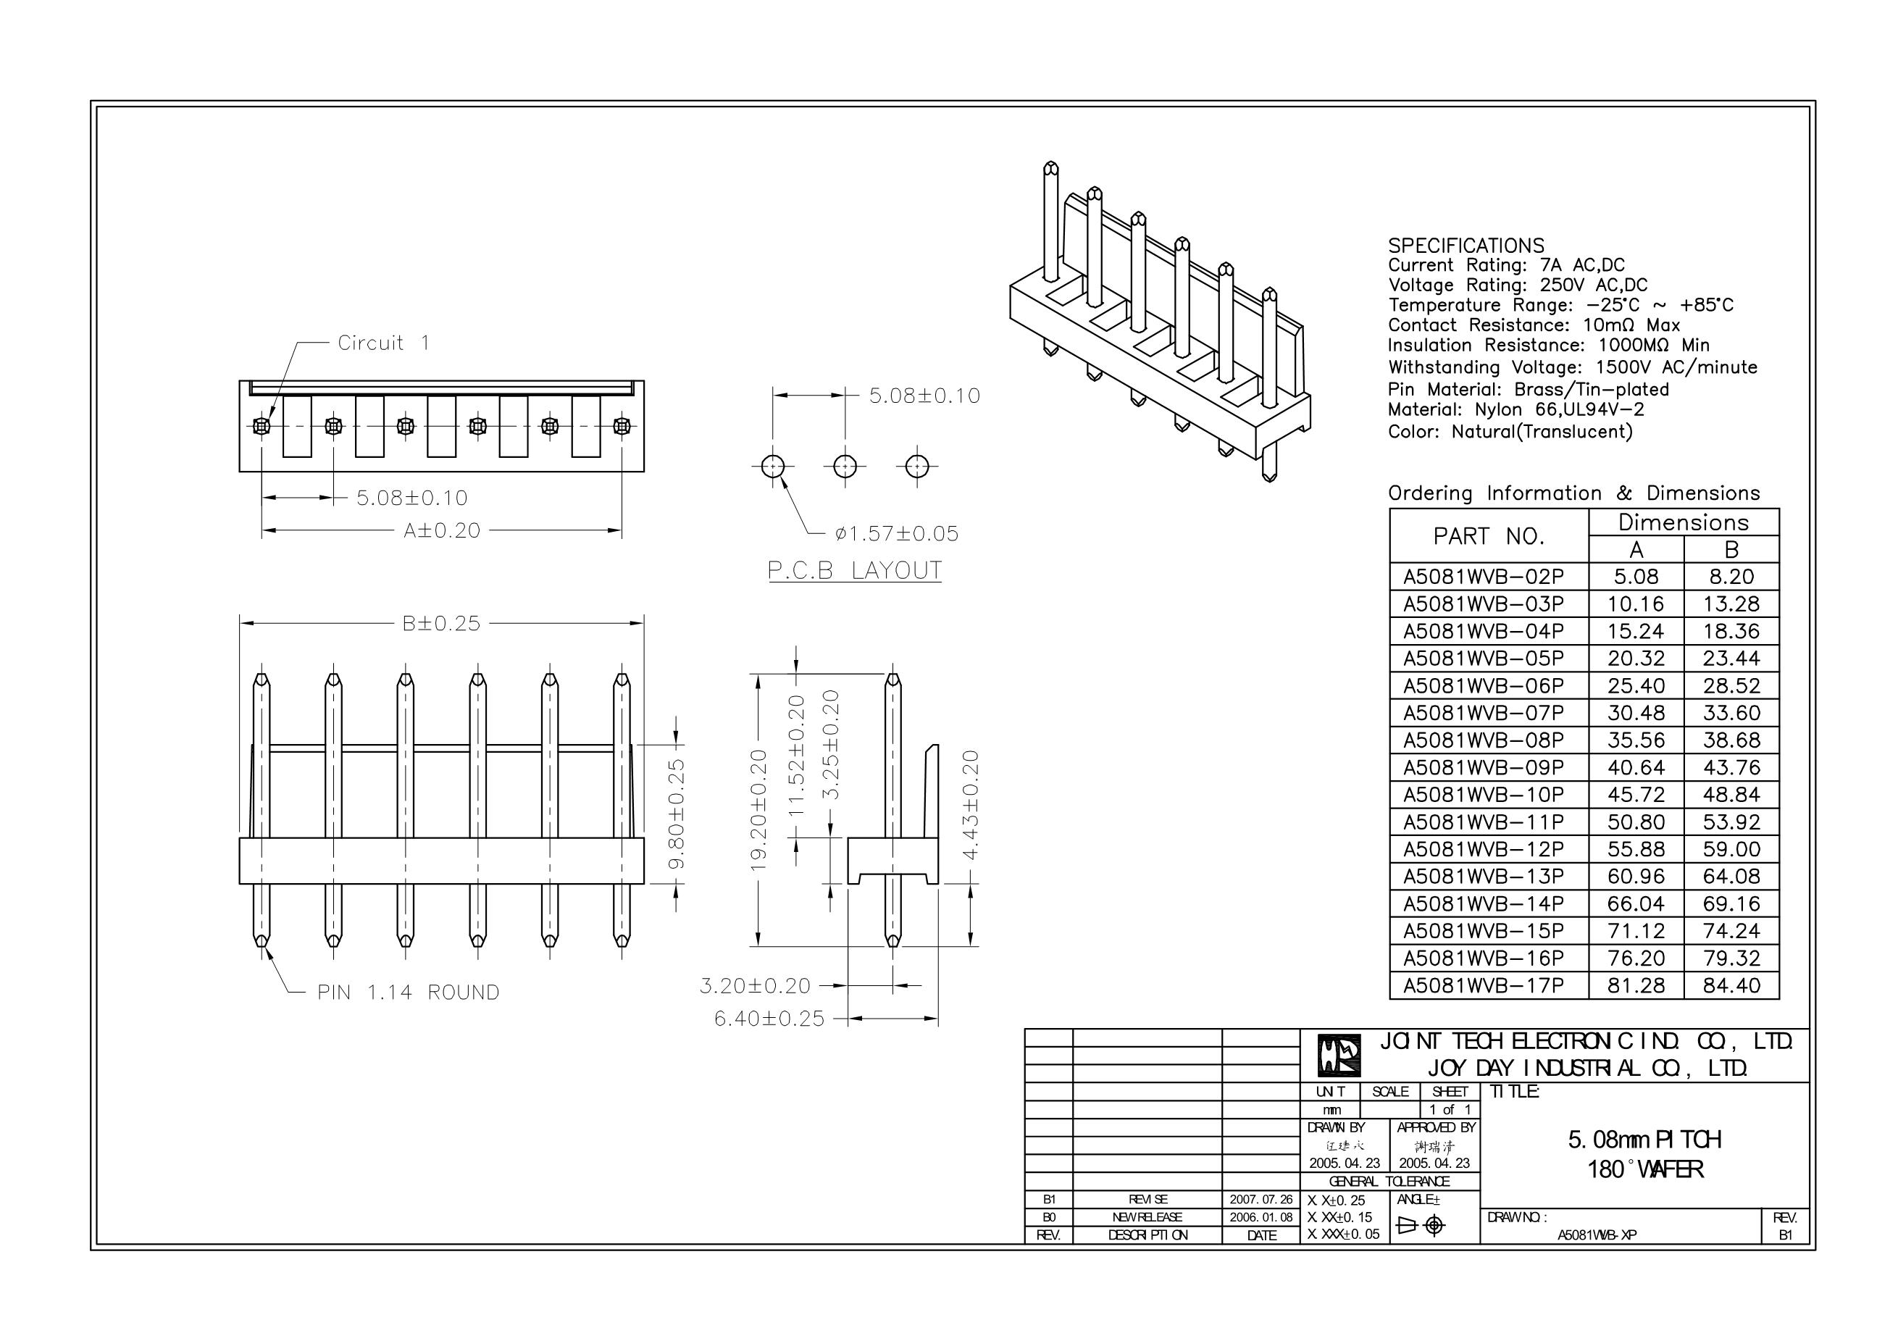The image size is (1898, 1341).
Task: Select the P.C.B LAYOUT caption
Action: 854,570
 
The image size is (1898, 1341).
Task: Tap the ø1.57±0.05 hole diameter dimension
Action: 897,534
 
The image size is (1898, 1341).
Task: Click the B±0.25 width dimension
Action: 441,623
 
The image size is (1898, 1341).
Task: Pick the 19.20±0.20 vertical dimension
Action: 758,810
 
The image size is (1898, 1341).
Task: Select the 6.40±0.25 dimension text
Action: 769,1019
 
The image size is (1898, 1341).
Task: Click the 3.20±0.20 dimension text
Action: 755,985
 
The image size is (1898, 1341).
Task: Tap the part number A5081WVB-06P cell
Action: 1484,686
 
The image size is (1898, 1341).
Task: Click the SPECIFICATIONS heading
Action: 1466,246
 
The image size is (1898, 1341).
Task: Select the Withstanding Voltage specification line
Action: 1572,367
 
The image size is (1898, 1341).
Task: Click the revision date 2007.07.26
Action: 1261,1200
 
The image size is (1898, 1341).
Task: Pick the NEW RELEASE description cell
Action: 1147,1218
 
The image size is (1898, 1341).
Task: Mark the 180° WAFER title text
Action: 1645,1170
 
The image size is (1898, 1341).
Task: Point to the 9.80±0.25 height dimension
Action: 676,814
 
